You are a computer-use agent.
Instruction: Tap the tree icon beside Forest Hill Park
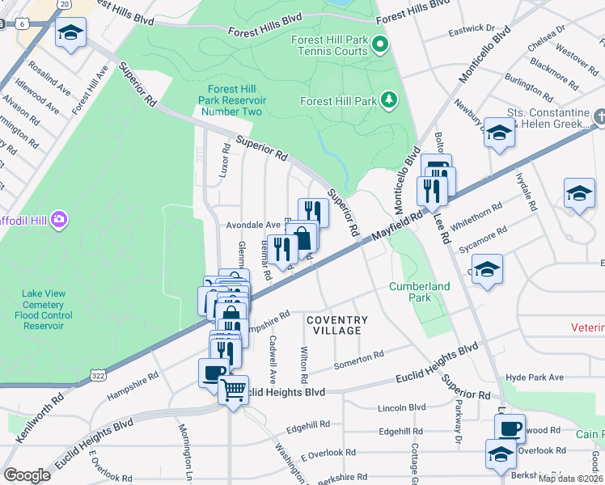point(390,99)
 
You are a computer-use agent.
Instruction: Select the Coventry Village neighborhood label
point(337,326)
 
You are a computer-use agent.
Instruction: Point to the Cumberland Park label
point(419,292)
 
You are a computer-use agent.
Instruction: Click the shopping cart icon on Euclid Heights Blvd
point(233,390)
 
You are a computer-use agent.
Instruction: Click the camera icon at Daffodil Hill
point(57,219)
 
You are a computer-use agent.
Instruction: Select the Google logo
point(27,474)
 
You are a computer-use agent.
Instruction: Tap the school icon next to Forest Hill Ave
point(71,33)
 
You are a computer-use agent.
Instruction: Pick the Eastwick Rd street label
point(472,34)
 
